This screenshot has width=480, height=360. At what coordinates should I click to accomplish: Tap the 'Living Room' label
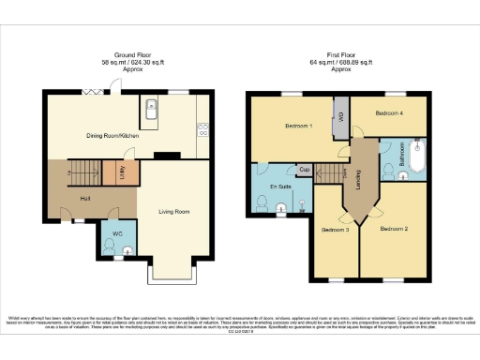click(x=174, y=212)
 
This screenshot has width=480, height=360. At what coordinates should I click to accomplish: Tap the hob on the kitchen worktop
click(x=202, y=129)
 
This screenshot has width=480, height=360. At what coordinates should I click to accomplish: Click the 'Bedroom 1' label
click(x=298, y=126)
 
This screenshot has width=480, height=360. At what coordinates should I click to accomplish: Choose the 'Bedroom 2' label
click(x=395, y=228)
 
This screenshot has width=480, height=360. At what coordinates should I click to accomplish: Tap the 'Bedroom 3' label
click(x=335, y=230)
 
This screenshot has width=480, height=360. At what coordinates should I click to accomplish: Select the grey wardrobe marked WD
click(x=341, y=117)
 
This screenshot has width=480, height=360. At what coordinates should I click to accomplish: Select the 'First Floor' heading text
click(x=339, y=54)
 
